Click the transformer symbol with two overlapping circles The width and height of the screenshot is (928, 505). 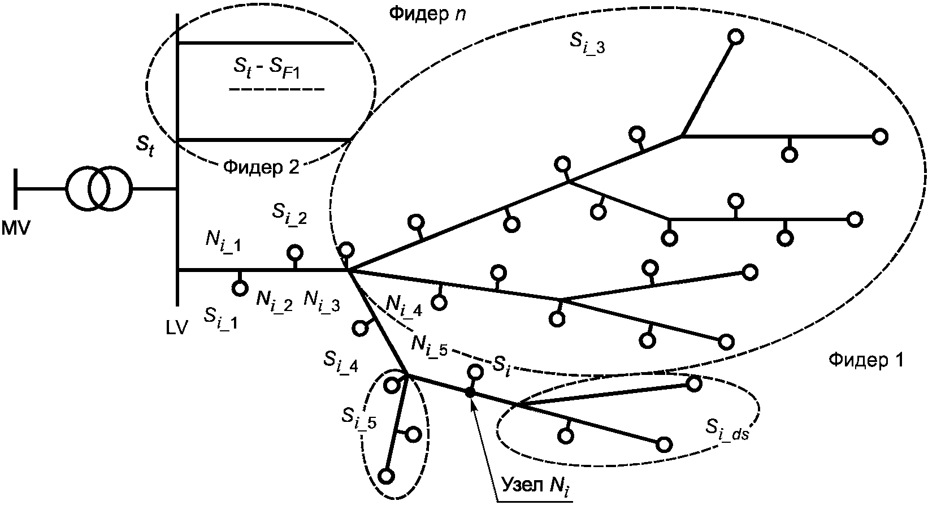pyautogui.click(x=99, y=189)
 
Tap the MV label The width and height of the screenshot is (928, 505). pyautogui.click(x=16, y=228)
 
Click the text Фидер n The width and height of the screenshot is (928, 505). pyautogui.click(x=427, y=15)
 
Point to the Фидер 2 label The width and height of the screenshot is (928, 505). pyautogui.click(x=261, y=167)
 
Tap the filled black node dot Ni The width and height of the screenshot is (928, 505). pyautogui.click(x=470, y=392)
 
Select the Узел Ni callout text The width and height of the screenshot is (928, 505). pyautogui.click(x=537, y=486)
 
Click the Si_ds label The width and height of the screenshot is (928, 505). pyautogui.click(x=727, y=431)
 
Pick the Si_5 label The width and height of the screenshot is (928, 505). pyautogui.click(x=359, y=417)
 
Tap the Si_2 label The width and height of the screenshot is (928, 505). pyautogui.click(x=289, y=215)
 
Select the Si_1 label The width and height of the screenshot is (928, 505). pyautogui.click(x=220, y=320)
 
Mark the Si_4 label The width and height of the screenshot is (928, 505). pyautogui.click(x=341, y=361)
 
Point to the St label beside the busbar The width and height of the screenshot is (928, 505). pyautogui.click(x=145, y=146)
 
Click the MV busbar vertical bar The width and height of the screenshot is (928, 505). pyautogui.click(x=16, y=189)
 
